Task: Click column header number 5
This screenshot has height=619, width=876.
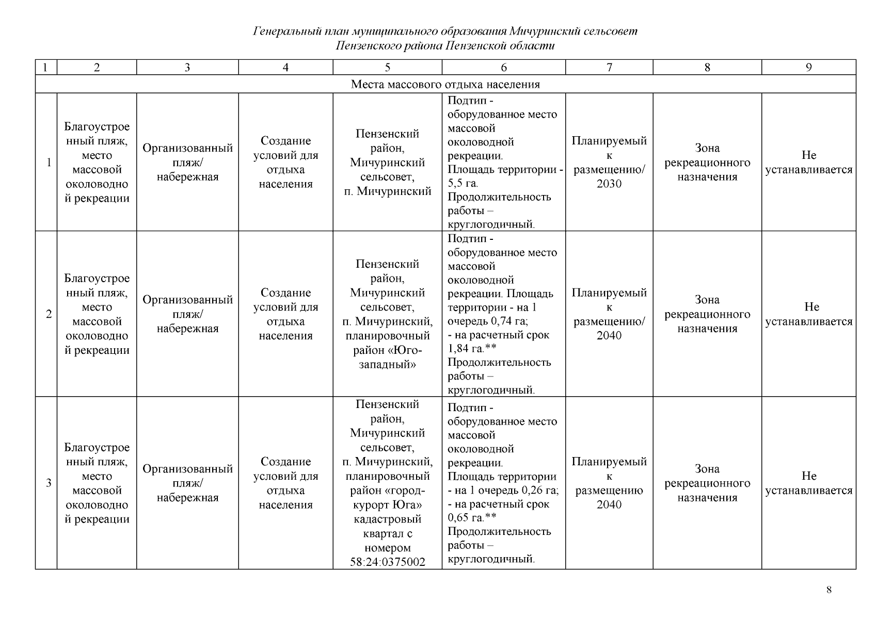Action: [387, 67]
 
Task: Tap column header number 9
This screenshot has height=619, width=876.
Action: [808, 67]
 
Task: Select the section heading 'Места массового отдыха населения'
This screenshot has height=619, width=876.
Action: [445, 84]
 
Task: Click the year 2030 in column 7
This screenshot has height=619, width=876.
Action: [609, 184]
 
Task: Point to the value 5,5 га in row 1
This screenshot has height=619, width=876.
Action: [463, 183]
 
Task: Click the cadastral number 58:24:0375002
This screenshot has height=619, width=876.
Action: [387, 562]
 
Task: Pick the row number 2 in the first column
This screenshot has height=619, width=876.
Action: [49, 314]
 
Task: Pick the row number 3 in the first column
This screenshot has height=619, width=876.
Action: [49, 483]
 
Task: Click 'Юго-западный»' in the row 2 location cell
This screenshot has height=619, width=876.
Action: [387, 357]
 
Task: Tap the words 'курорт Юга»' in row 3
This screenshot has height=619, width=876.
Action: [387, 504]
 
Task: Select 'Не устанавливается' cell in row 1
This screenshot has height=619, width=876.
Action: [808, 162]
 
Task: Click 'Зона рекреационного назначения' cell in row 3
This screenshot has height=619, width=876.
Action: [707, 483]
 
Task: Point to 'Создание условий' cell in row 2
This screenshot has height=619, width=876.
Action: [285, 314]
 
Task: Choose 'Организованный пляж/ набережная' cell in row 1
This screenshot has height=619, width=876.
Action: [187, 162]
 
